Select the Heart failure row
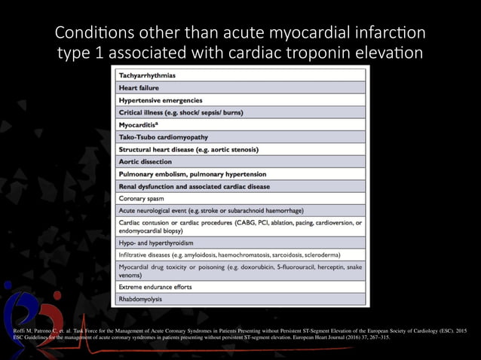click(139, 88)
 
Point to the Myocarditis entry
click(140, 125)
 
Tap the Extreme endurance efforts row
click(155, 287)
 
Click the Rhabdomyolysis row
click(141, 299)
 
